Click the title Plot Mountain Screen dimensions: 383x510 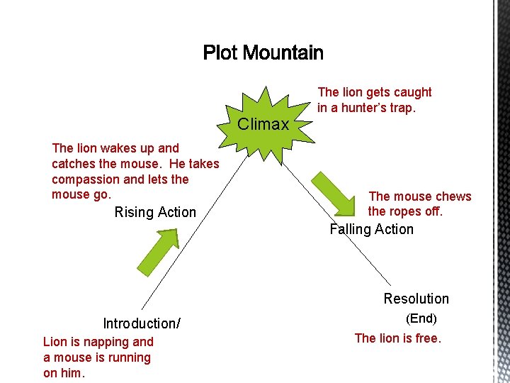263,53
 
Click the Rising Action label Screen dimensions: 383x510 155,212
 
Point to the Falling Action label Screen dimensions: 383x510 372,229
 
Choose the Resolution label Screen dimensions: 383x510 416,299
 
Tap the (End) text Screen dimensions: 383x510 421,319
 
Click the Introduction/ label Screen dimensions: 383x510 142,323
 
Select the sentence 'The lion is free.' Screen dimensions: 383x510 398,338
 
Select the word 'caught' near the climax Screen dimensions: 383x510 412,92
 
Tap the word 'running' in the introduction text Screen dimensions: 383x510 127,357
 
